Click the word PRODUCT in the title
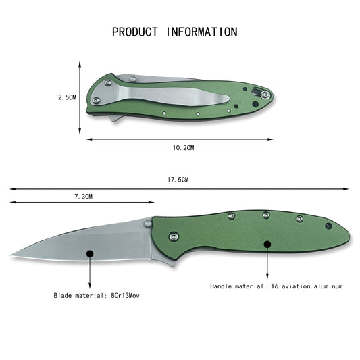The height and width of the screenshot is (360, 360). pyautogui.click(x=135, y=32)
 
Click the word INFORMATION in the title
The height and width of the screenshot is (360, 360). pyautogui.click(x=202, y=32)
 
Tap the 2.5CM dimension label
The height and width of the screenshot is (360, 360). pyautogui.click(x=67, y=97)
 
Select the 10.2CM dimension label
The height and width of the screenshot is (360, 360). pyautogui.click(x=183, y=148)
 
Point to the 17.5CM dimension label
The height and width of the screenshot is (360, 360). pyautogui.click(x=178, y=180)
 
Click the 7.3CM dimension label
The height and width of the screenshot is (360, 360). pyautogui.click(x=83, y=197)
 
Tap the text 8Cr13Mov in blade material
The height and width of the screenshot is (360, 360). pyautogui.click(x=125, y=295)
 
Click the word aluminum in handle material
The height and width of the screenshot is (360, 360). pyautogui.click(x=328, y=286)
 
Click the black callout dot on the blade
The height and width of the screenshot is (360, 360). pyautogui.click(x=90, y=254)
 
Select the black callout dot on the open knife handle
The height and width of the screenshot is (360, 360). pyautogui.click(x=267, y=245)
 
